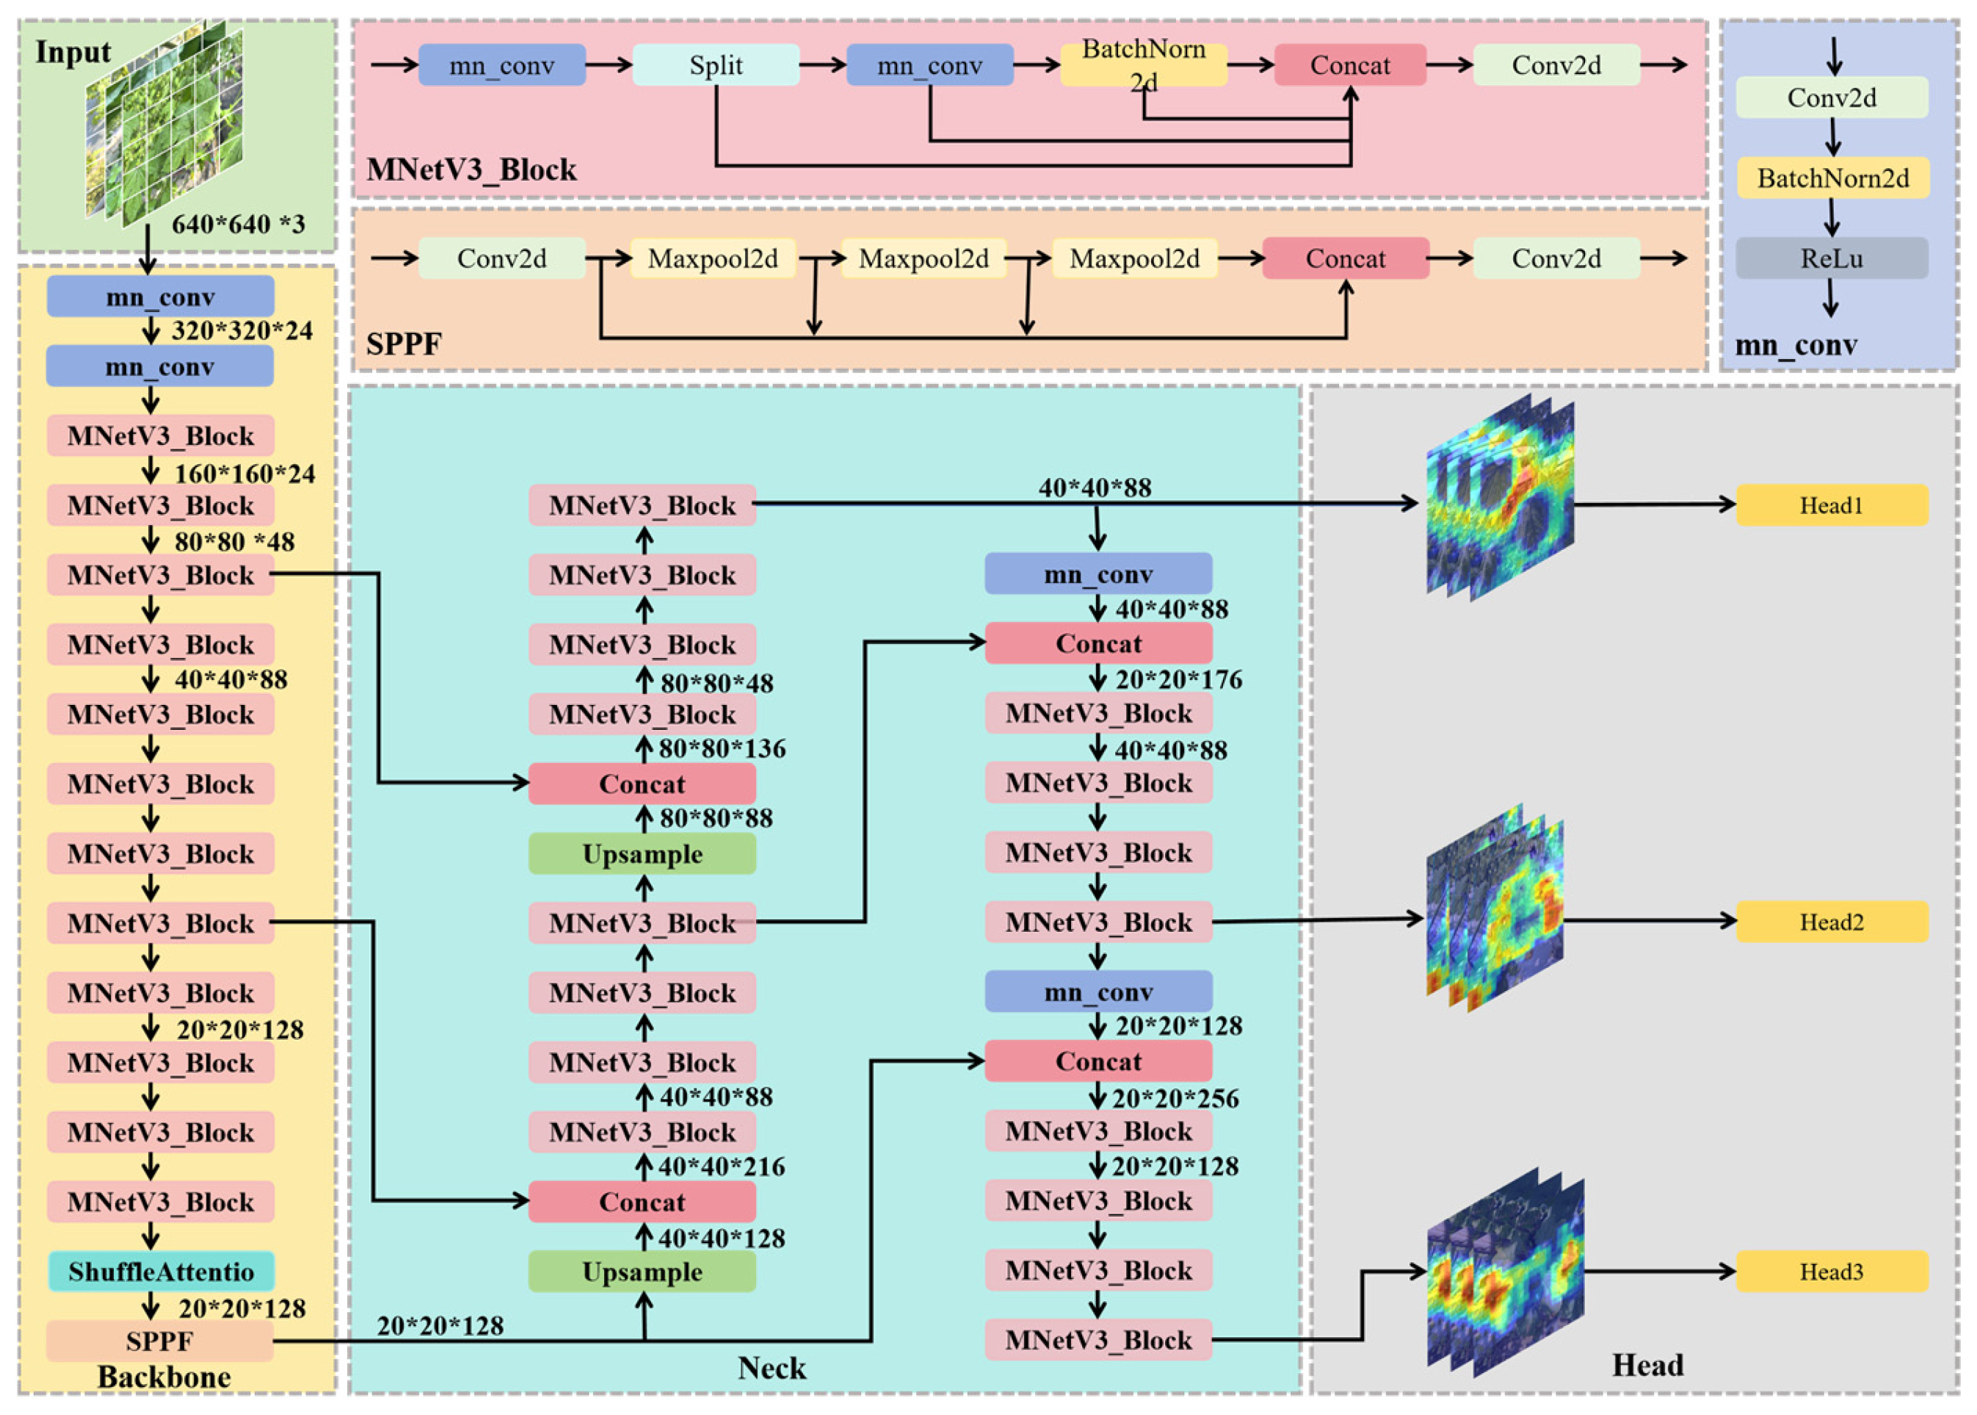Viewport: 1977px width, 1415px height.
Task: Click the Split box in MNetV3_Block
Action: coord(715,65)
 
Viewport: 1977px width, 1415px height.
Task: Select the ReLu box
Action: coord(1831,258)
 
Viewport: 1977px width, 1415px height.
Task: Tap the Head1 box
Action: coord(1832,505)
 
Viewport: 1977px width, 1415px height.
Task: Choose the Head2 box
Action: coord(1832,922)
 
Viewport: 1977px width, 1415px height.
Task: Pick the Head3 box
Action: coord(1832,1272)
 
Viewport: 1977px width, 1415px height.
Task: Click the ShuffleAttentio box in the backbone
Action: coord(161,1272)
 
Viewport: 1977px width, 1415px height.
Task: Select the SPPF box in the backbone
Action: coord(159,1341)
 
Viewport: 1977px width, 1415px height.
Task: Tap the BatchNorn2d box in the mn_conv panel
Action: coord(1832,178)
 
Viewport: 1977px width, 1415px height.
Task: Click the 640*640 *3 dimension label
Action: coord(238,224)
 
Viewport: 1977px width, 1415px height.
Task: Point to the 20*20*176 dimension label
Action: coord(1178,680)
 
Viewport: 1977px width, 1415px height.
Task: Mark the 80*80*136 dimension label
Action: coord(722,748)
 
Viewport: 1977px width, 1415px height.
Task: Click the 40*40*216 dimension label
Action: coord(721,1167)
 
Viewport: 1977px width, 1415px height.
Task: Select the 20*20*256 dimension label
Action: coord(1175,1099)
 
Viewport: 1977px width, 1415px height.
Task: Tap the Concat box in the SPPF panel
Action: coord(1346,258)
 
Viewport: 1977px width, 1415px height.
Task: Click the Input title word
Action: coord(73,52)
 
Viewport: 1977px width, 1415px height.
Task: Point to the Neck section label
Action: coord(772,1368)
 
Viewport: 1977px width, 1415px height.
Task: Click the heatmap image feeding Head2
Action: coord(1495,908)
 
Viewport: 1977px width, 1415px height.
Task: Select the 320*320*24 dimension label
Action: coord(242,331)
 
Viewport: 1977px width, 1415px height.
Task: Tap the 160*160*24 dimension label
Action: coord(244,474)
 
